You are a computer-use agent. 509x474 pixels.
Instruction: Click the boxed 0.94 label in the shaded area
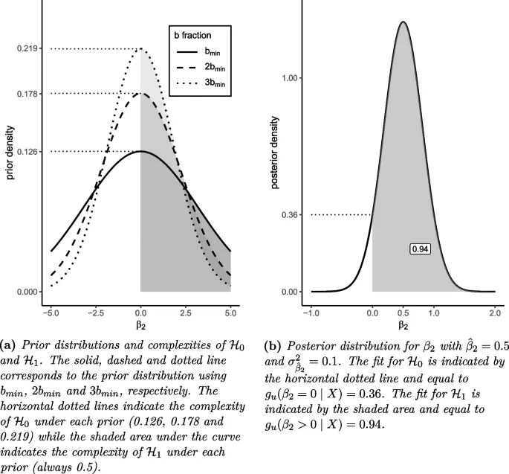pyautogui.click(x=421, y=249)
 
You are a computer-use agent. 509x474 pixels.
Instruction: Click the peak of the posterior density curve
pyautogui.click(x=403, y=22)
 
